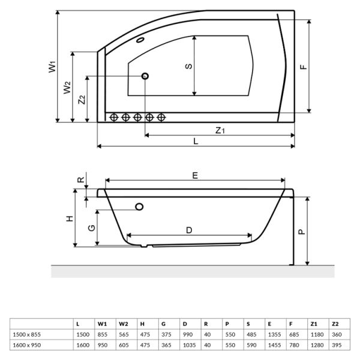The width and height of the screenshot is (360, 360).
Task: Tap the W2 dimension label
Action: (67, 88)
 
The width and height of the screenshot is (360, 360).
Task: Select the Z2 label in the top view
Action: (82, 100)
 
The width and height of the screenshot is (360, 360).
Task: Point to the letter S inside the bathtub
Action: (188, 66)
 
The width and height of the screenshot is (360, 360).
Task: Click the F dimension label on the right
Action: (304, 67)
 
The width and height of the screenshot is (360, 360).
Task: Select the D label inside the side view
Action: (188, 230)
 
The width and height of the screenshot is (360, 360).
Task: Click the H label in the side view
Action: (70, 218)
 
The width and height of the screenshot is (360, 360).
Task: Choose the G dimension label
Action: (90, 228)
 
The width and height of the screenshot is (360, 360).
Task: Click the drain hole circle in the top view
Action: (145, 76)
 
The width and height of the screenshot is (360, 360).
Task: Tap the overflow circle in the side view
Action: (140, 207)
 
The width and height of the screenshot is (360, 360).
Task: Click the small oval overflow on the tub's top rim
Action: (141, 41)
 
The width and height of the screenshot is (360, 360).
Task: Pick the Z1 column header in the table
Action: (314, 323)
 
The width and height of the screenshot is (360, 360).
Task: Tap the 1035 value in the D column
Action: (190, 344)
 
